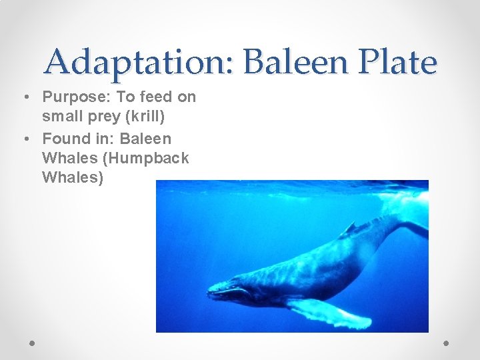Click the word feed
[156, 97]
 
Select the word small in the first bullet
[59, 117]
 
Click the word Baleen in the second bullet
[145, 139]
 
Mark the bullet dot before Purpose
[25, 97]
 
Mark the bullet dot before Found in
[25, 139]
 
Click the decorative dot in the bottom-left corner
[33, 343]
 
